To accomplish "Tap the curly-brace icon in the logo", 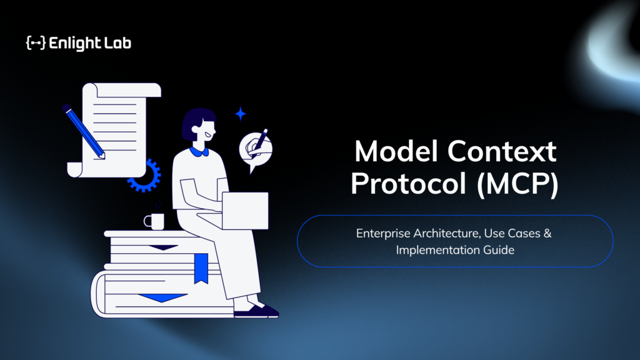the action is click(x=36, y=43).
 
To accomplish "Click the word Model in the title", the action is click(x=396, y=151).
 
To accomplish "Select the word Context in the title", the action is click(x=502, y=151).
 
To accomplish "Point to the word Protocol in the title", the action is click(x=408, y=184).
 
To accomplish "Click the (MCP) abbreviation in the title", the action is click(x=517, y=184).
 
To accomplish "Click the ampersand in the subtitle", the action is click(x=547, y=234).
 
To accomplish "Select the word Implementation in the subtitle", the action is click(x=437, y=250).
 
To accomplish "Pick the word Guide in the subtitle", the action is click(x=499, y=250).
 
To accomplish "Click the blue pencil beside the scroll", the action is click(x=84, y=131).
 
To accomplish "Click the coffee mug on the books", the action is click(x=154, y=221).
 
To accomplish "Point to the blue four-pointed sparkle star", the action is click(x=241, y=114).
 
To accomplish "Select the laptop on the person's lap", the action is click(x=245, y=211).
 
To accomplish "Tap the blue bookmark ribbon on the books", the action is click(x=201, y=268).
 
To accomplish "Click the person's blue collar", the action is click(x=199, y=152).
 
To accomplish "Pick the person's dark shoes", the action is click(x=256, y=311).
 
